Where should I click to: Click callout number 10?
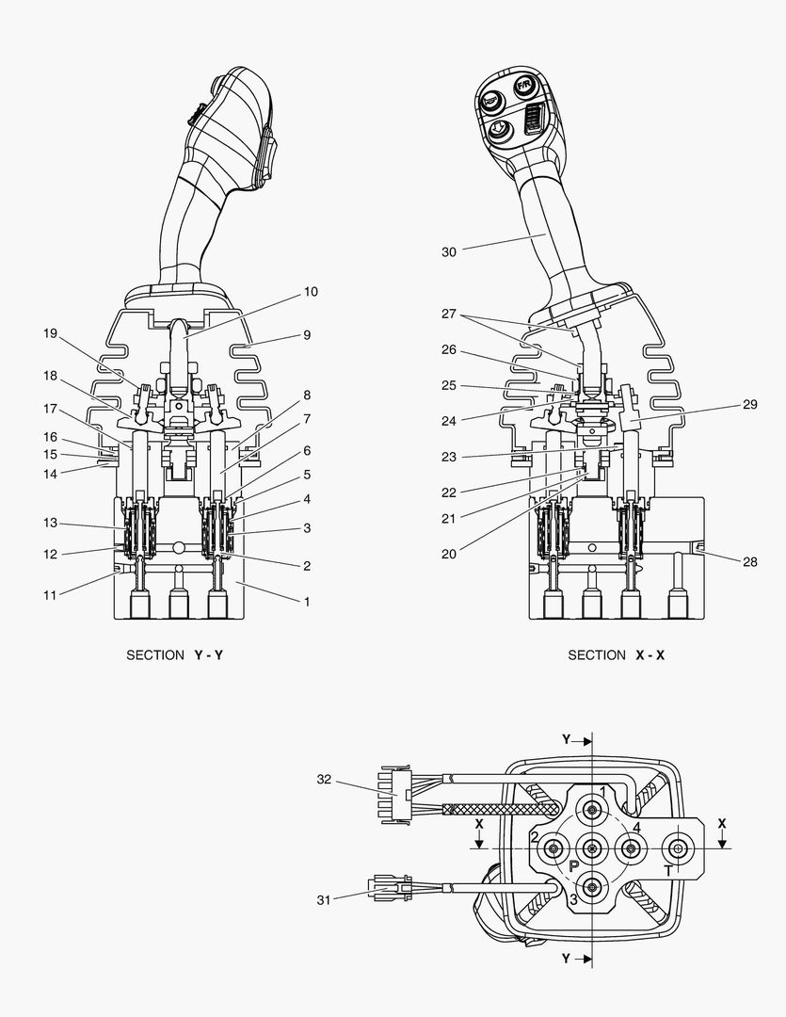pyautogui.click(x=310, y=292)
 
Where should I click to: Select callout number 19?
pyautogui.click(x=51, y=332)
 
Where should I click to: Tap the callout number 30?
pyautogui.click(x=448, y=251)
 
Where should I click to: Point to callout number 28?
pyautogui.click(x=749, y=561)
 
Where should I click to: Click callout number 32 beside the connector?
pyautogui.click(x=324, y=780)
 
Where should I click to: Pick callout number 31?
pyautogui.click(x=324, y=899)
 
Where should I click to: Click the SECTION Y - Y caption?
pyautogui.click(x=175, y=654)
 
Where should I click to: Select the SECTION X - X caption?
pyautogui.click(x=616, y=654)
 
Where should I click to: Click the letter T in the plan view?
pyautogui.click(x=667, y=871)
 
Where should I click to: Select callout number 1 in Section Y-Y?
pyautogui.click(x=306, y=601)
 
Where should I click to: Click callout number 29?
pyautogui.click(x=749, y=404)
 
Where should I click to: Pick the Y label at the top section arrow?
pyautogui.click(x=566, y=740)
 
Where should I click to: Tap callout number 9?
pyautogui.click(x=306, y=334)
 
